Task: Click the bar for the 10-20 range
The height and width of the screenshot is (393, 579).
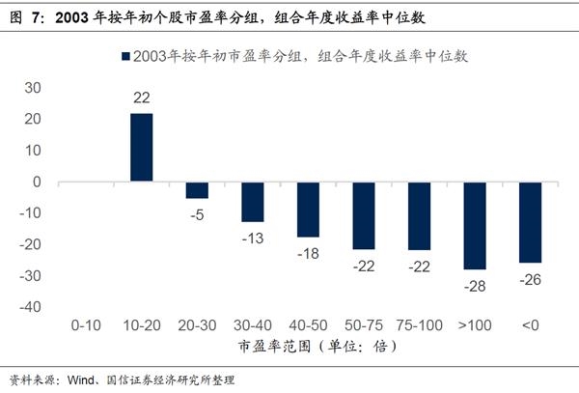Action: click(x=142, y=148)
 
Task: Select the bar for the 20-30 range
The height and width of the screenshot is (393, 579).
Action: click(x=197, y=189)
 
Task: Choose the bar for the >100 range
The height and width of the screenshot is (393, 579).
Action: click(x=475, y=225)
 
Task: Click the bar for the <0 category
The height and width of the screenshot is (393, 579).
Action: click(x=530, y=222)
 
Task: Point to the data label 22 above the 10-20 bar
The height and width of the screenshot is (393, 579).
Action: click(x=142, y=98)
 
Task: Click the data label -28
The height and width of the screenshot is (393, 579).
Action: click(x=475, y=286)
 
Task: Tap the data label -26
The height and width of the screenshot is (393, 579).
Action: click(x=530, y=280)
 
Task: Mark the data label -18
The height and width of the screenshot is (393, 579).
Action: click(x=308, y=254)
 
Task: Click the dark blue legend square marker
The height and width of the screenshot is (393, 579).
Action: click(x=124, y=57)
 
